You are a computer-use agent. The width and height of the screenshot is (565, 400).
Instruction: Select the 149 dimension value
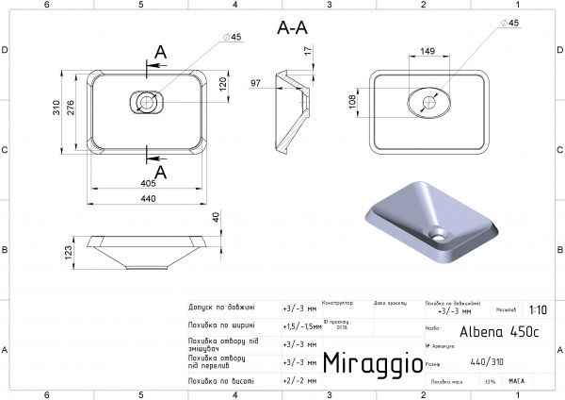coord(427,51)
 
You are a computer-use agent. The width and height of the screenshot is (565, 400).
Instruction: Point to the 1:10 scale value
coord(538,308)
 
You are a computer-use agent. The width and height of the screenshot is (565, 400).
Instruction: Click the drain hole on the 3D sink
coord(437,228)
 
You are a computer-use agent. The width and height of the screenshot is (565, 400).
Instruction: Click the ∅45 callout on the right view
coord(510,37)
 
